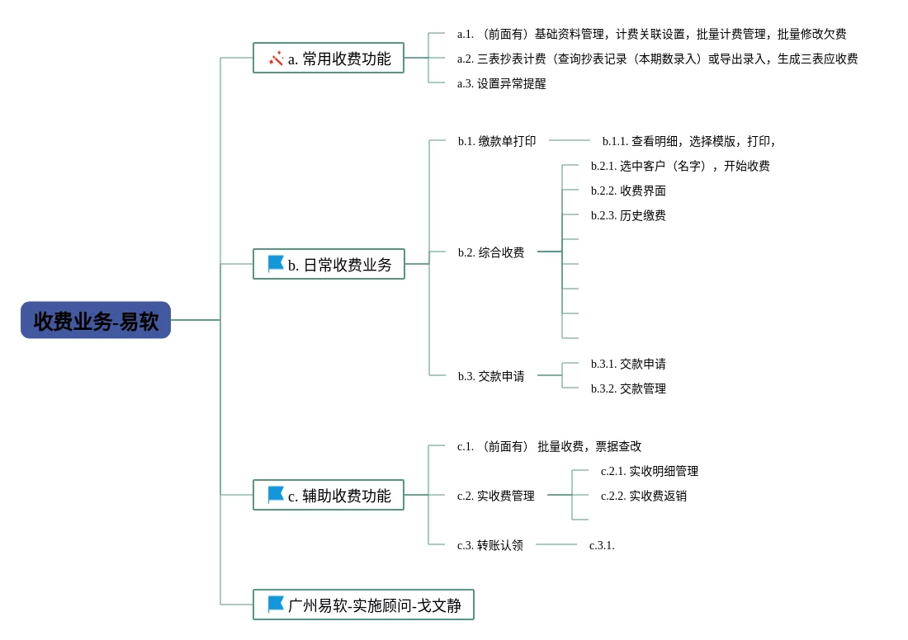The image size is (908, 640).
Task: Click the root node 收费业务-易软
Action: (96, 320)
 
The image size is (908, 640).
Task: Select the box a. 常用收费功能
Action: (329, 59)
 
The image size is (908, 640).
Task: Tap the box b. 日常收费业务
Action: (329, 265)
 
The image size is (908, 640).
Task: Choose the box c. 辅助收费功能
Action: (329, 496)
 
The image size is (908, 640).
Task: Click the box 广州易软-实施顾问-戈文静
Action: (363, 605)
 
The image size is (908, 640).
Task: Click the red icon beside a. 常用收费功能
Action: (276, 59)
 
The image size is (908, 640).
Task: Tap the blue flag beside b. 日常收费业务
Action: (276, 264)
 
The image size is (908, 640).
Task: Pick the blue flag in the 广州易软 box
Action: (276, 605)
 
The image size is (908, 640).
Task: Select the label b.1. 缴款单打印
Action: (497, 142)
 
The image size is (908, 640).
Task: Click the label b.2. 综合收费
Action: (491, 253)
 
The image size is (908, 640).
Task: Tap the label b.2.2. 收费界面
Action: (628, 191)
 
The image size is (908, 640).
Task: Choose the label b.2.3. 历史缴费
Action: (628, 216)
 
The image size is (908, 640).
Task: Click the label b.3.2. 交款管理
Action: (628, 389)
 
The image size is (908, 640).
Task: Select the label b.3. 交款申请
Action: (491, 377)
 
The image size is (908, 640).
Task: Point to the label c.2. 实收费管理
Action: (496, 496)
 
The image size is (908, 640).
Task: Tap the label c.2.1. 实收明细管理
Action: (650, 472)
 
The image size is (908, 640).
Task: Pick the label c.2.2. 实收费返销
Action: (644, 496)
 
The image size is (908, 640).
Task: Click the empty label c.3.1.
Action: (602, 546)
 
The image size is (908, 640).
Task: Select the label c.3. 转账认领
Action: (490, 546)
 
